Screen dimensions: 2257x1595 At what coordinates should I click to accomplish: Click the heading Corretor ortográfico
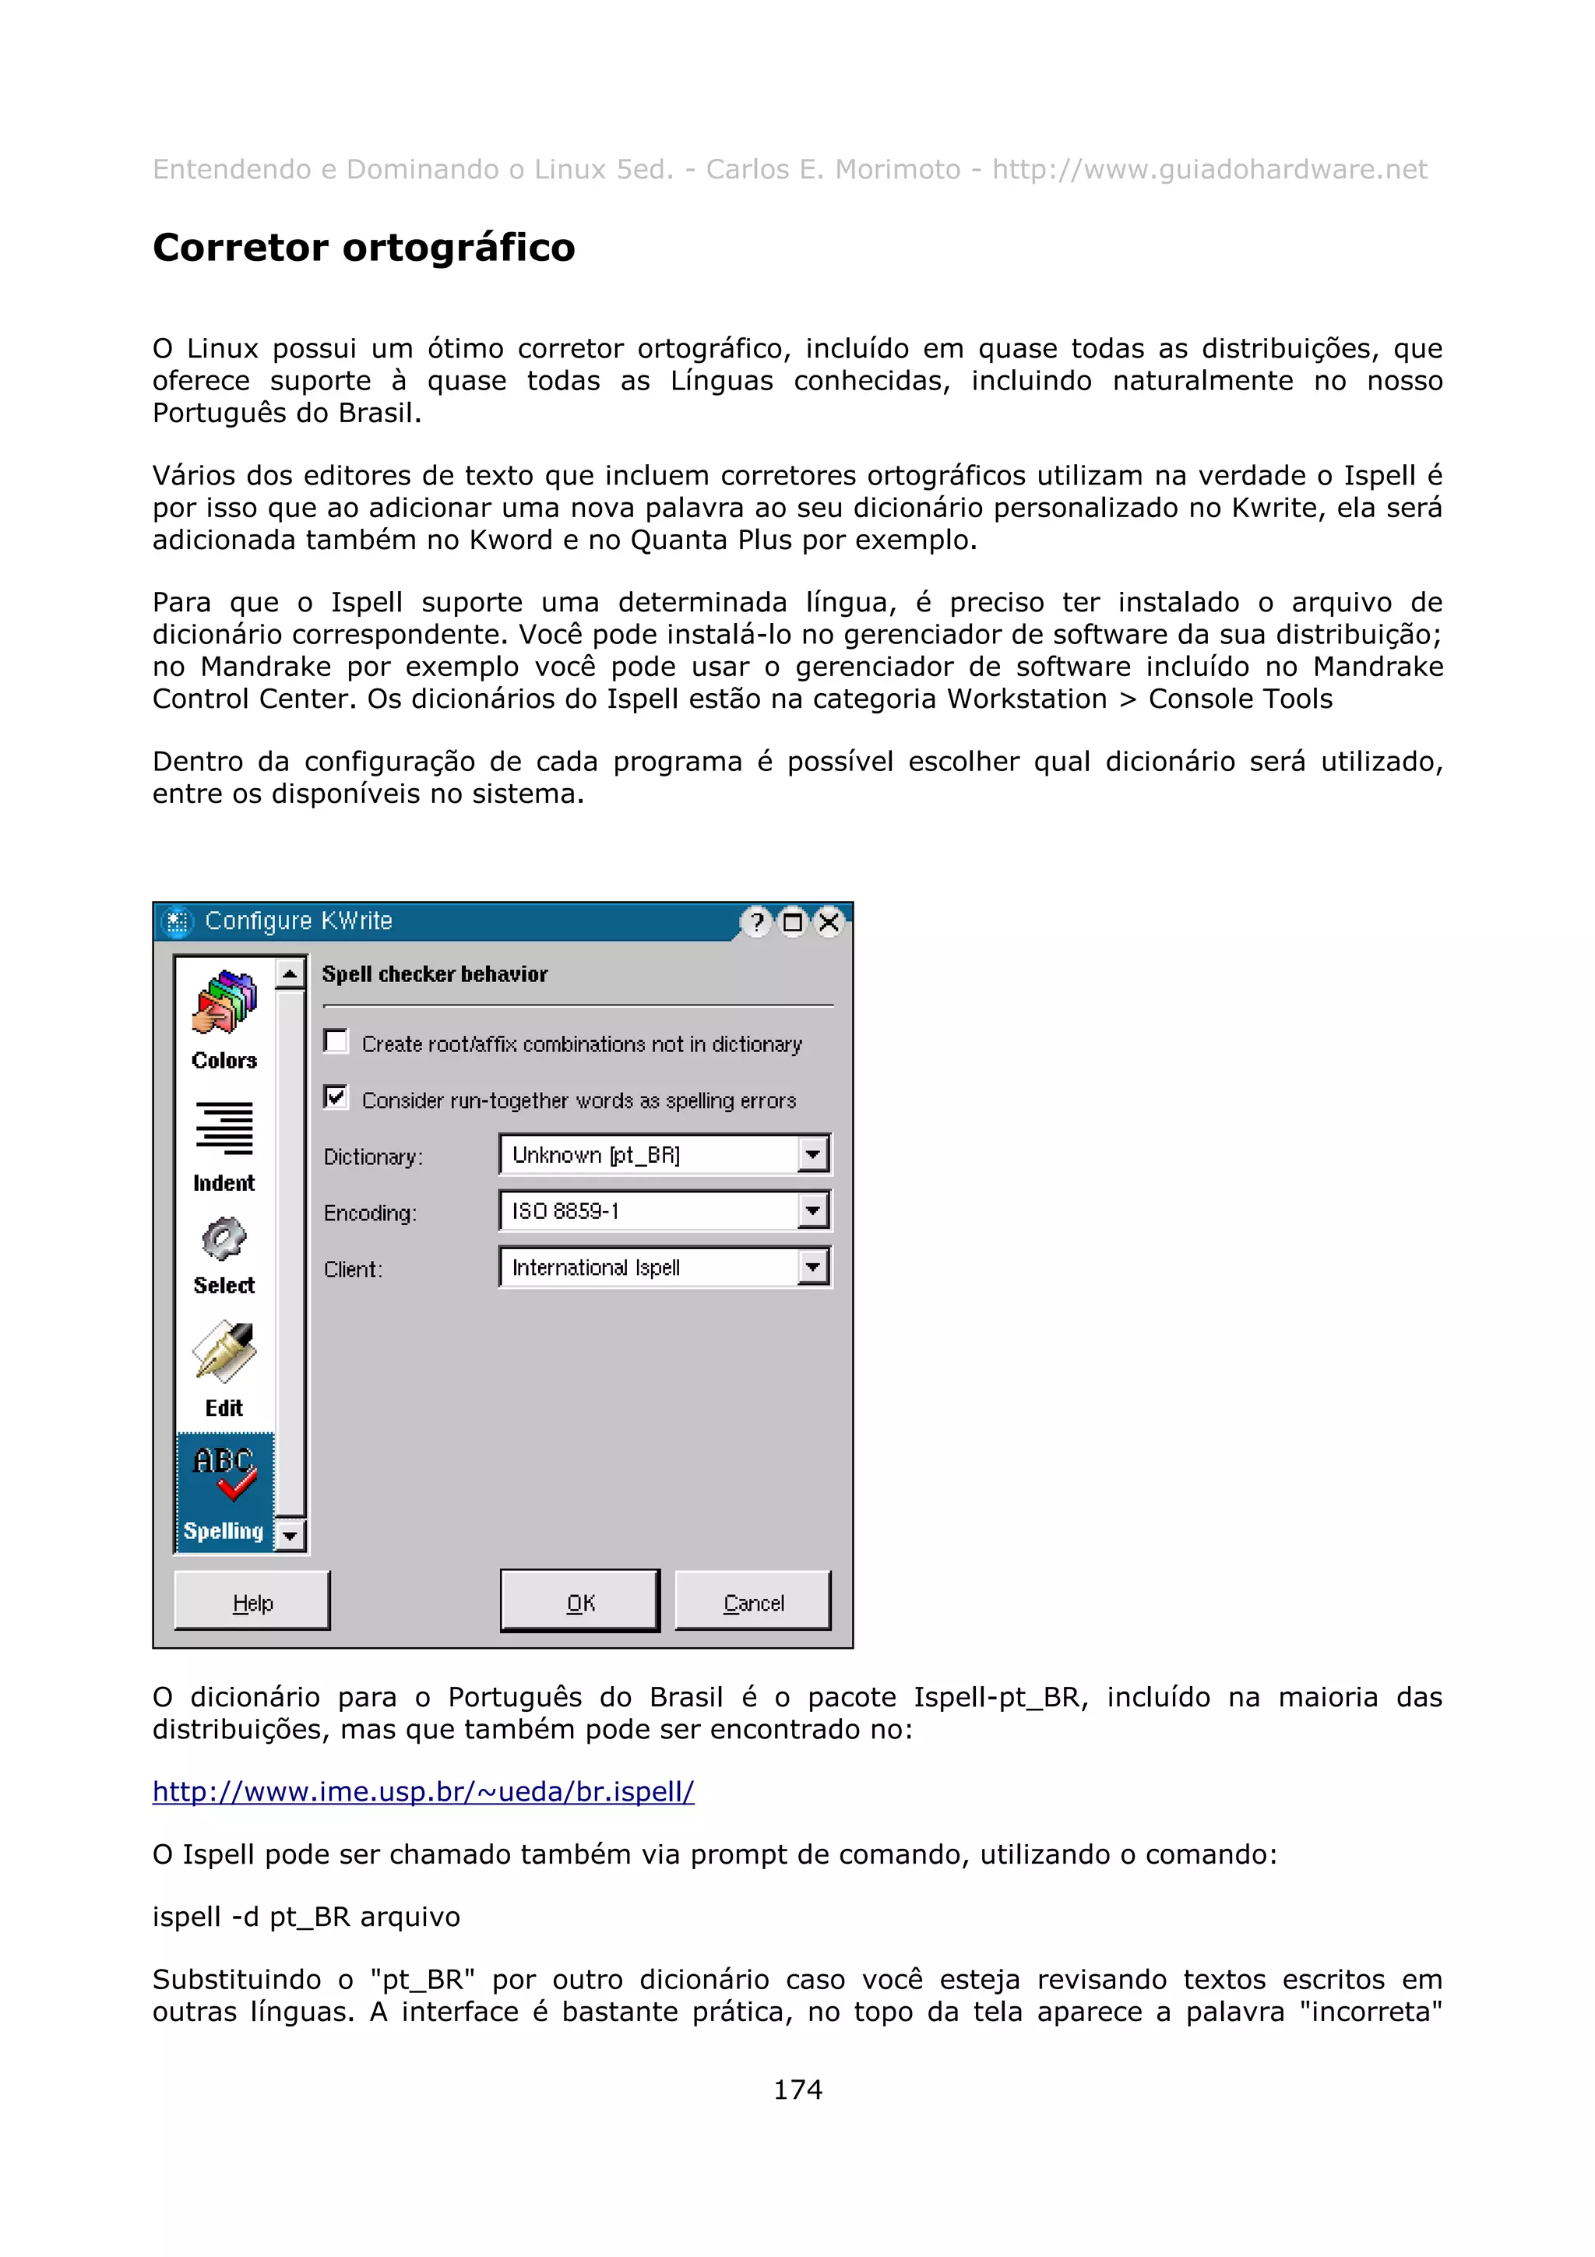[x=364, y=248]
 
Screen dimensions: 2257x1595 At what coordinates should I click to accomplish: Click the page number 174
[x=797, y=2089]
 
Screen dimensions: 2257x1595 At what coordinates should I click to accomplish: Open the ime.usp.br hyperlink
[x=423, y=1791]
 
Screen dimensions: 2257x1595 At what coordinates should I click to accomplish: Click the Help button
[x=252, y=1604]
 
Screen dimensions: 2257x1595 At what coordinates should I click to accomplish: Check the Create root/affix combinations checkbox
[x=336, y=1041]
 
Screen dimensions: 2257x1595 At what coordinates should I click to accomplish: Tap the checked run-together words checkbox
[x=336, y=1097]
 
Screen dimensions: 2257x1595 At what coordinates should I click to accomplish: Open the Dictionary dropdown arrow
[x=813, y=1154]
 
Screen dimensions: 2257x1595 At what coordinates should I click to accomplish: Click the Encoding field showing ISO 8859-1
[x=649, y=1211]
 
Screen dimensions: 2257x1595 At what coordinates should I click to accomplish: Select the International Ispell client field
[x=649, y=1267]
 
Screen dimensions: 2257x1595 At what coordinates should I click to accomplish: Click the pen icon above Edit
[x=224, y=1352]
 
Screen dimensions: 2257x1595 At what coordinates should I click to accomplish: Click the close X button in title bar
[x=829, y=922]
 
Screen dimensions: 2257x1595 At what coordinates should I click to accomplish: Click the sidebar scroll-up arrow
[x=290, y=974]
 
